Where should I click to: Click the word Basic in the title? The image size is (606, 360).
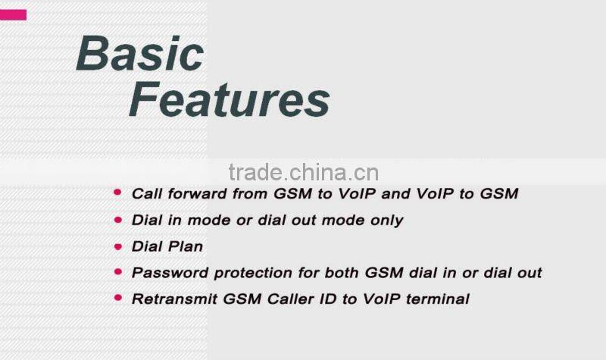click(x=140, y=55)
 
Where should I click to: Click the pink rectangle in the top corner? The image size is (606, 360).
click(x=13, y=14)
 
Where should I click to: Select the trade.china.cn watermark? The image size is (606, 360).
click(x=303, y=173)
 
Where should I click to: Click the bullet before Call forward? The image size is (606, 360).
click(x=117, y=193)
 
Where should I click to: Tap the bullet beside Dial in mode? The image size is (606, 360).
click(x=117, y=220)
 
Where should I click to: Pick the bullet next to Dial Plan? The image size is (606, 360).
click(x=117, y=246)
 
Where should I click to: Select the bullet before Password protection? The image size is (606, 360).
click(x=117, y=271)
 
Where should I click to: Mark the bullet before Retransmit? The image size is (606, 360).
click(x=117, y=298)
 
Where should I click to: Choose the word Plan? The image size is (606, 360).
click(x=186, y=246)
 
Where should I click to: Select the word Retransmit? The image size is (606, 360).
click(x=174, y=299)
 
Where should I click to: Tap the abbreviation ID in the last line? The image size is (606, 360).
click(x=324, y=299)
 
